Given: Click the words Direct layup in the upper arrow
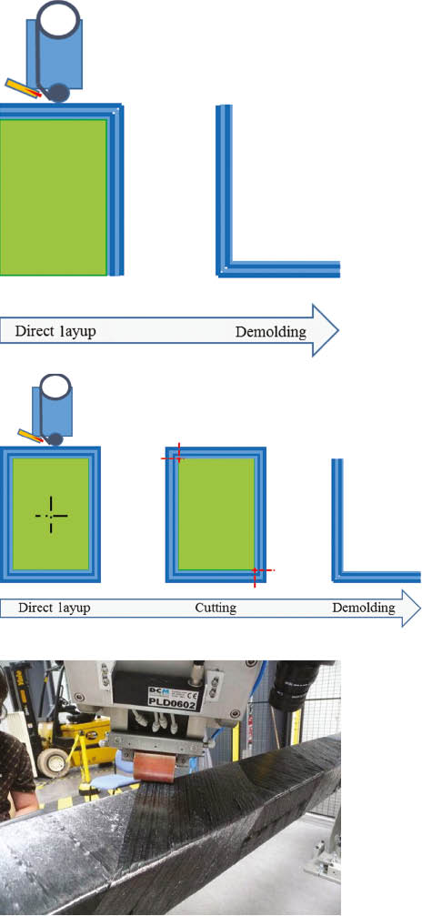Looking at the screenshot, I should pyautogui.click(x=55, y=331).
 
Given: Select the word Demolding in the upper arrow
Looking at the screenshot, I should pyautogui.click(x=270, y=331).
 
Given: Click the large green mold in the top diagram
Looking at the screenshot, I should pyautogui.click(x=54, y=196).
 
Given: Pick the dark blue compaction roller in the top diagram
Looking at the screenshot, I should pyautogui.click(x=58, y=93).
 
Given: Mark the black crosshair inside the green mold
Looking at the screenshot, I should pyautogui.click(x=51, y=515).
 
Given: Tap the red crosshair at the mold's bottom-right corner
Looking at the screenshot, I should pyautogui.click(x=256, y=570).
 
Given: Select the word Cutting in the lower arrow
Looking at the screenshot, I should pyautogui.click(x=216, y=607).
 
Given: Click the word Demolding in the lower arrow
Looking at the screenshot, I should pyautogui.click(x=363, y=607).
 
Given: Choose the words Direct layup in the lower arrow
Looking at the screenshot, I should pyautogui.click(x=53, y=607).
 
